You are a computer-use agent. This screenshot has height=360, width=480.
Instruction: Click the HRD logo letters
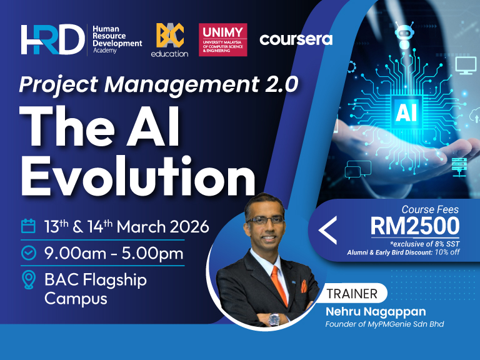pyautogui.click(x=52, y=40)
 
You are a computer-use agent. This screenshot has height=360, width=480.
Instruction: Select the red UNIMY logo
pyautogui.click(x=222, y=40)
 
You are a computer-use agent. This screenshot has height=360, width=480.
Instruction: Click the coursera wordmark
pyautogui.click(x=296, y=39)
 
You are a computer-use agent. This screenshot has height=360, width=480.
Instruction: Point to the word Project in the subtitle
pyautogui.click(x=57, y=84)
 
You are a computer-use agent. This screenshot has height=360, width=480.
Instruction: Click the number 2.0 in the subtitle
pyautogui.click(x=278, y=83)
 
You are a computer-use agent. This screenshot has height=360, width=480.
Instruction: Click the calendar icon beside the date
pyautogui.click(x=28, y=226)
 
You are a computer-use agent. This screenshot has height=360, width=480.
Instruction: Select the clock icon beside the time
pyautogui.click(x=28, y=253)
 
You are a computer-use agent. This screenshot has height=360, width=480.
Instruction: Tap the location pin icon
pyautogui.click(x=28, y=280)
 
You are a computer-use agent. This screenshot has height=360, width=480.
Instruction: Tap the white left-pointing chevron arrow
pyautogui.click(x=327, y=229)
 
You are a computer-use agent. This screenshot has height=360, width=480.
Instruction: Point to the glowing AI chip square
pyautogui.click(x=403, y=112)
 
